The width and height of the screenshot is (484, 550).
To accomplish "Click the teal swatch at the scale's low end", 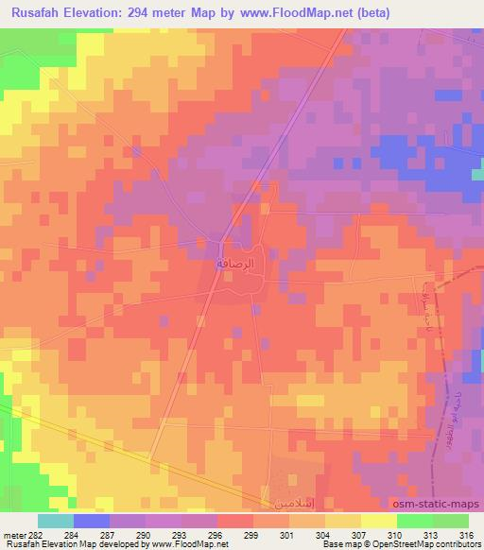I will tap(56, 521).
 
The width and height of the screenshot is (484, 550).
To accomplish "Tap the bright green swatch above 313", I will tap(415, 521).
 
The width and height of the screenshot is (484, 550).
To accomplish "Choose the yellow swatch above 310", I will tap(379, 521).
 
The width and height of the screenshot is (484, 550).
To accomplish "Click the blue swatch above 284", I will tap(92, 521).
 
